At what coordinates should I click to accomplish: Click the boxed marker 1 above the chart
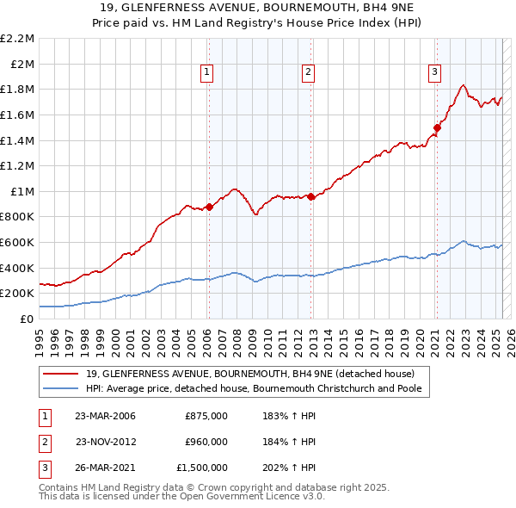click(208, 73)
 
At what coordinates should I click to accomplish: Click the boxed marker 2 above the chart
click(308, 73)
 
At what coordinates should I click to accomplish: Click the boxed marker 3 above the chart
click(435, 73)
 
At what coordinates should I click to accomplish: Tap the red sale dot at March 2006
click(209, 207)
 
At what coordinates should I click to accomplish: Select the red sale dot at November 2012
click(310, 196)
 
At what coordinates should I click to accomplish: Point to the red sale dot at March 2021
click(437, 127)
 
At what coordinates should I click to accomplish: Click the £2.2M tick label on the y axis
click(17, 39)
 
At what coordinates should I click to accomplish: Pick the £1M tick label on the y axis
click(21, 191)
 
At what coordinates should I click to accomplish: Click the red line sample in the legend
click(60, 374)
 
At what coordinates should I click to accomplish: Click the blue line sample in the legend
click(60, 388)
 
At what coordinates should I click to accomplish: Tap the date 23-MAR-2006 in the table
click(105, 416)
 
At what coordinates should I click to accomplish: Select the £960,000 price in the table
click(206, 442)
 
